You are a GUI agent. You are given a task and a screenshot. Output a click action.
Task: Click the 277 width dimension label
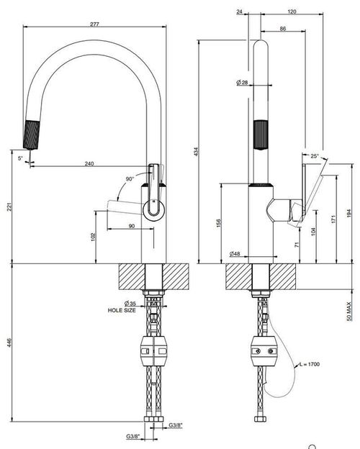(x=94, y=24)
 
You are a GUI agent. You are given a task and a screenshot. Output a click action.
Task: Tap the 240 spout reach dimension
(x=89, y=163)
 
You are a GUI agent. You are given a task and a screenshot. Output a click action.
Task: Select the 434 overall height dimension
(x=196, y=152)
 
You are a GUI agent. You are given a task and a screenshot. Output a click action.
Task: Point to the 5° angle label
(x=20, y=158)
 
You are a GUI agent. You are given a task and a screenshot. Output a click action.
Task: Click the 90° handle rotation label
(x=130, y=179)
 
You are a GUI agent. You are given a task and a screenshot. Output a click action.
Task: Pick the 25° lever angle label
(x=315, y=156)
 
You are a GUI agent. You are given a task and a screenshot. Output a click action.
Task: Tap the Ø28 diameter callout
(x=242, y=83)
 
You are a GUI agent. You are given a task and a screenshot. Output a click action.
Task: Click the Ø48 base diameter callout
(x=235, y=253)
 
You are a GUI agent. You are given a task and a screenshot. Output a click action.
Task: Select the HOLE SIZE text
(x=122, y=310)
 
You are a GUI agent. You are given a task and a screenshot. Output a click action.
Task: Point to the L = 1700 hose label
(x=310, y=364)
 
